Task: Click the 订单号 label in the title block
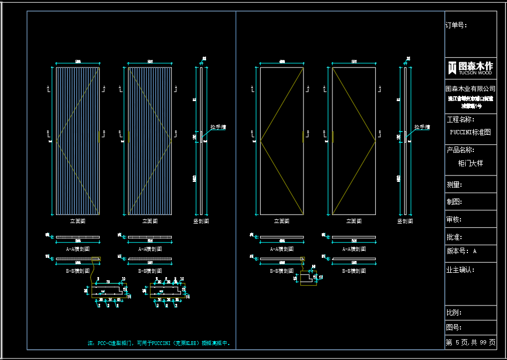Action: pyautogui.click(x=456, y=25)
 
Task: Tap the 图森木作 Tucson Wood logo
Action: pyautogui.click(x=470, y=67)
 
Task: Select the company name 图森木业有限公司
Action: pyautogui.click(x=470, y=88)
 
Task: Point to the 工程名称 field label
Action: pyautogui.click(x=460, y=119)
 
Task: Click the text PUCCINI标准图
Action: pyautogui.click(x=470, y=132)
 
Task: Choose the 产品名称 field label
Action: pyautogui.click(x=460, y=150)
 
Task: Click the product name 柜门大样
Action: pyautogui.click(x=470, y=163)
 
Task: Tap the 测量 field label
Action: pyautogui.click(x=454, y=185)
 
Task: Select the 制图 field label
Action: pyautogui.click(x=454, y=202)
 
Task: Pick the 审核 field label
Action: pyautogui.click(x=454, y=219)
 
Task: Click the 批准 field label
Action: pyautogui.click(x=454, y=237)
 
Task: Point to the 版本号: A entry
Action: pyautogui.click(x=461, y=251)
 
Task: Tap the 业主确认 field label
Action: pyautogui.click(x=460, y=270)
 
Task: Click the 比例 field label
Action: pyautogui.click(x=454, y=312)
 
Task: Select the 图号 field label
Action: pyautogui.click(x=454, y=327)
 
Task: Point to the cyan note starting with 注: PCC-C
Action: pyautogui.click(x=159, y=343)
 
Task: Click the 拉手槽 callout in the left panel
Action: pyautogui.click(x=218, y=127)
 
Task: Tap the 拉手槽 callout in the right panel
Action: pyautogui.click(x=422, y=127)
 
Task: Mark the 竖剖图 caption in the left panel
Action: pyautogui.click(x=201, y=221)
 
